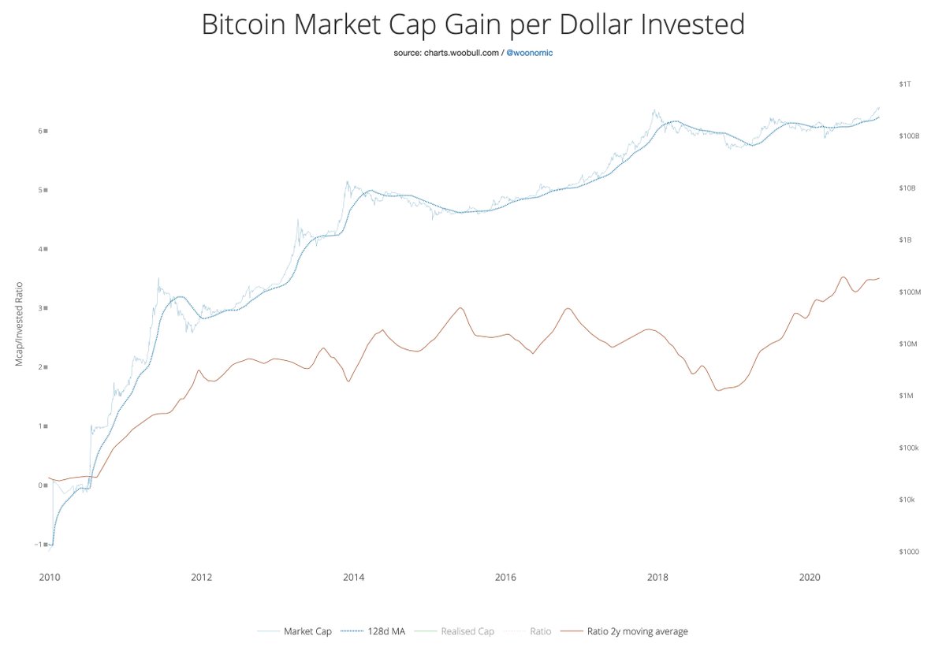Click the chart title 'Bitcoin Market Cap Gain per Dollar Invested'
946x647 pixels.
pos(473,24)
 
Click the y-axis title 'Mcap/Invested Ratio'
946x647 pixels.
pos(17,323)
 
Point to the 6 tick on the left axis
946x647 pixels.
pos(42,131)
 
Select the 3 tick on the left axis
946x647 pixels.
pos(42,308)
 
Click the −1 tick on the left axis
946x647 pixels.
pos(40,545)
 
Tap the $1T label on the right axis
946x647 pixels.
pos(904,84)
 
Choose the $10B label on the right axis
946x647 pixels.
pos(906,188)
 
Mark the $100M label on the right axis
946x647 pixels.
pos(907,292)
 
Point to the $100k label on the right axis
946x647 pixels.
pos(907,448)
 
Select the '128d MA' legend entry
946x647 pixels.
pos(387,631)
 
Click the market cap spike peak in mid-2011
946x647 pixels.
pos(158,278)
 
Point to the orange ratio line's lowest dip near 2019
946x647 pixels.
pos(717,390)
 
